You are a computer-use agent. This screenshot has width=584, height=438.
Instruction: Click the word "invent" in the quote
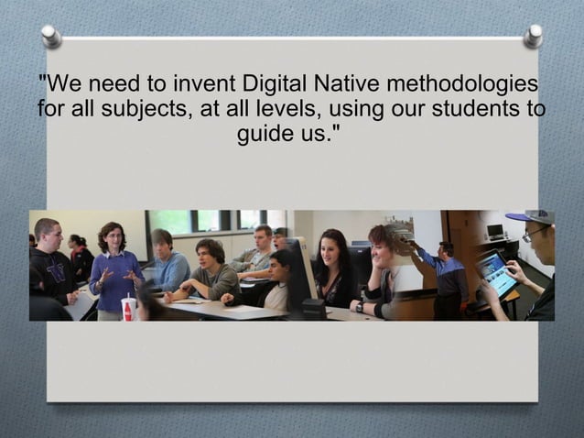(190, 85)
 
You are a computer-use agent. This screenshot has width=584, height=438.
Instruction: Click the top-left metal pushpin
(51, 36)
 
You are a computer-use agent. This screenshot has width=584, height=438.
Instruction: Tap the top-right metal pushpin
(533, 36)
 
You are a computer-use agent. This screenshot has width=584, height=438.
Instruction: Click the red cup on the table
(129, 309)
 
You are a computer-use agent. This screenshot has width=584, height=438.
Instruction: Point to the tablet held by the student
(496, 273)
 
